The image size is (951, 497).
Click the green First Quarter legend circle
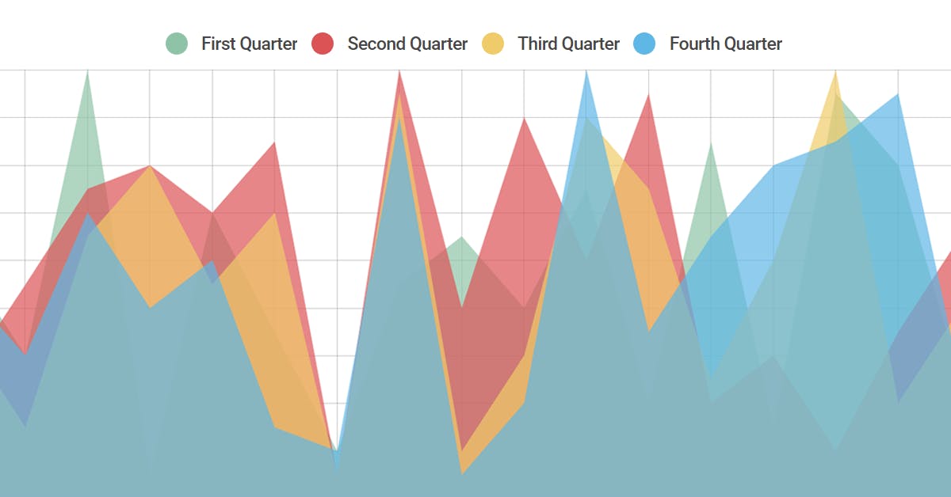click(x=177, y=44)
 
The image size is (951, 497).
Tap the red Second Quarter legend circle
click(x=322, y=44)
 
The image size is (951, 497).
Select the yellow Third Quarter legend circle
click(x=493, y=44)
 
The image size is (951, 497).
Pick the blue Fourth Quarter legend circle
click(x=644, y=44)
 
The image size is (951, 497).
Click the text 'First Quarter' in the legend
click(x=249, y=44)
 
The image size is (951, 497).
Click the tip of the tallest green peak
click(x=87, y=71)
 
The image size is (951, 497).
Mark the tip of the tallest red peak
click(x=399, y=71)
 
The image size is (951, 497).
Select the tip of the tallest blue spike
click(x=586, y=71)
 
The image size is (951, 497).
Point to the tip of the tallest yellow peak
click(x=835, y=71)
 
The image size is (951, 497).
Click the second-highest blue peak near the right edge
click(x=898, y=94)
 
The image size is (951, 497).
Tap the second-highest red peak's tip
click(x=649, y=94)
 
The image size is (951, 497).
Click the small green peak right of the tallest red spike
click(x=462, y=237)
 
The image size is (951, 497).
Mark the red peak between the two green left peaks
click(x=150, y=166)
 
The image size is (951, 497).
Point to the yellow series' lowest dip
click(x=462, y=473)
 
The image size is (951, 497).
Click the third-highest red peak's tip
click(x=524, y=118)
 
